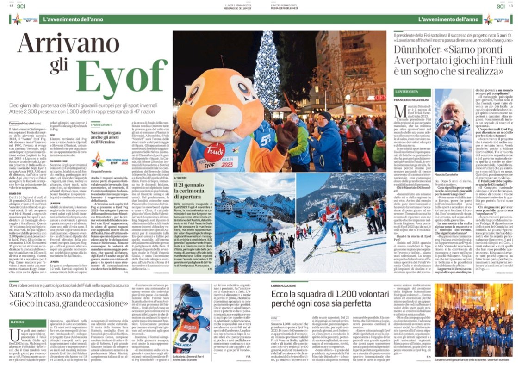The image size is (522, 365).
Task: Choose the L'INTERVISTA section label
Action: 404,93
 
